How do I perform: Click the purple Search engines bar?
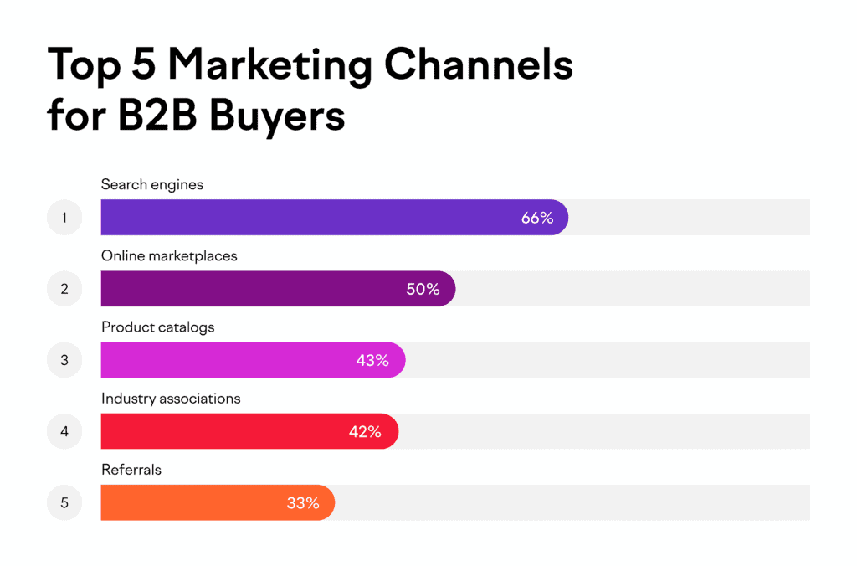point(318,218)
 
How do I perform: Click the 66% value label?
point(537,218)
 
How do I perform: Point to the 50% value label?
point(423,289)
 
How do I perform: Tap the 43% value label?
point(372,360)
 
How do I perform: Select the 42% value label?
point(365,431)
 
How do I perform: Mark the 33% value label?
point(302,502)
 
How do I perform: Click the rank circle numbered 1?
point(64,218)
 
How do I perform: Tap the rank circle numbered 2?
point(64,289)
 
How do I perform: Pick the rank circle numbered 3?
point(64,360)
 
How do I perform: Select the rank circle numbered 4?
point(64,431)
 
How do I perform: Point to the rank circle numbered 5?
point(64,502)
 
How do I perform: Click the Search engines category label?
point(152,184)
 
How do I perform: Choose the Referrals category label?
point(131,470)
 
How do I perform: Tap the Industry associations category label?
point(171,399)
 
